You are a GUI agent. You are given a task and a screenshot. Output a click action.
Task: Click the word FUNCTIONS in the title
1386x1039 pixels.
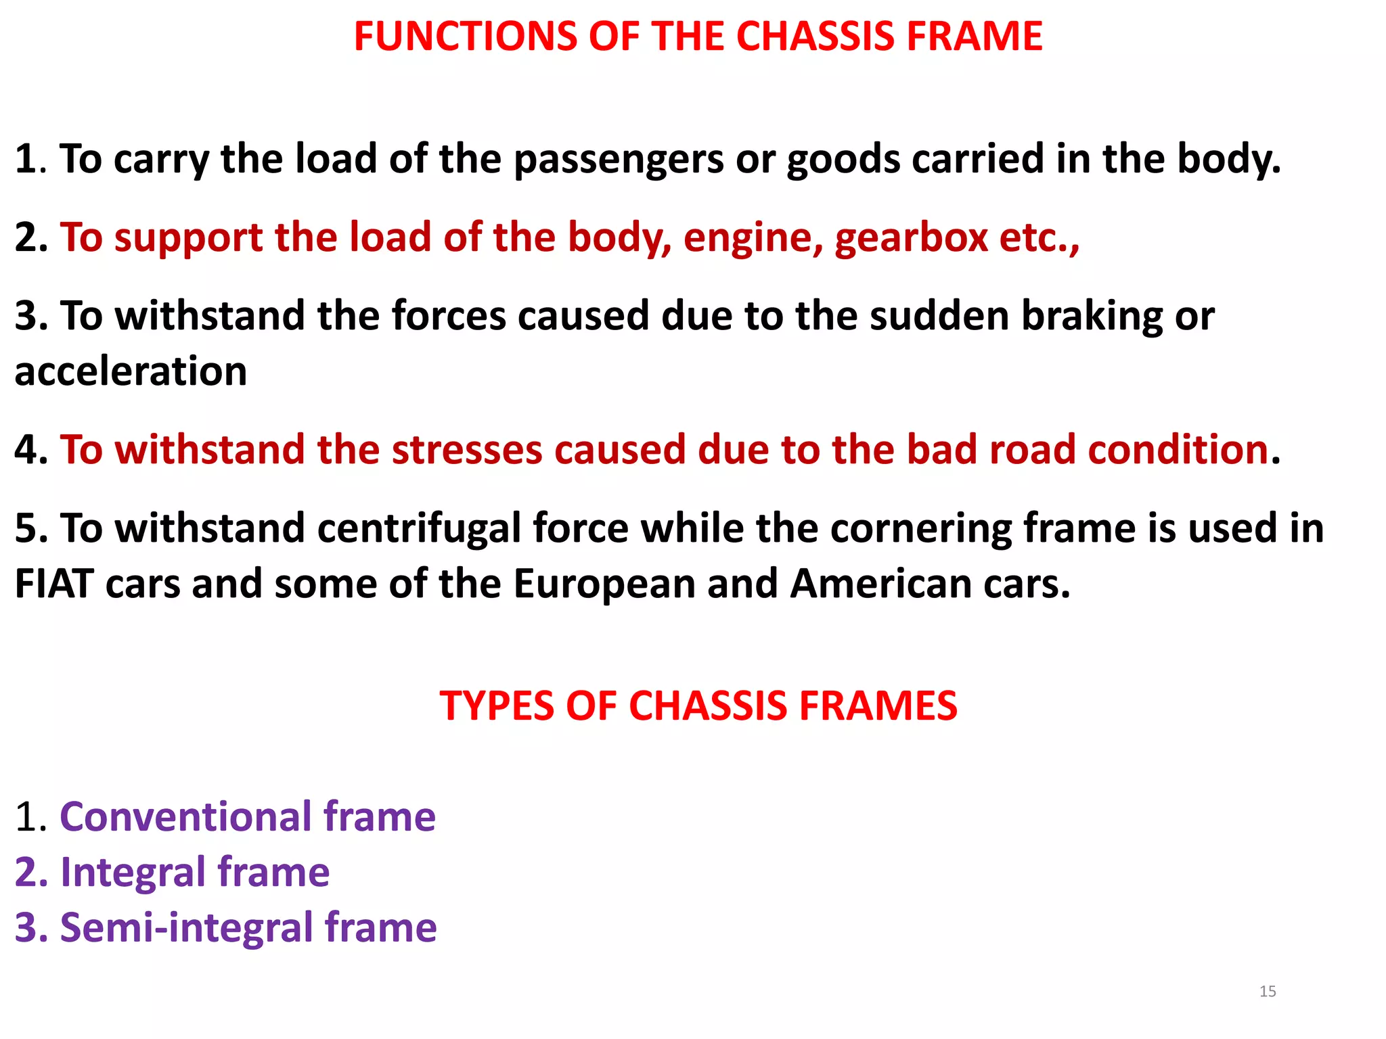[x=462, y=37]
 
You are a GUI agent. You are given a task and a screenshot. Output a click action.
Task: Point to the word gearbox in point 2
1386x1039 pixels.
[x=911, y=239]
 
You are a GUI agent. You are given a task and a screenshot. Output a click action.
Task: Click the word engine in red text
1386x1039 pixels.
[x=753, y=239]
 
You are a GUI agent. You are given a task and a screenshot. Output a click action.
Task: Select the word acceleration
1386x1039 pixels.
[x=131, y=371]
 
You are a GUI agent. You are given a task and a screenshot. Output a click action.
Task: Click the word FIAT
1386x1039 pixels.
[x=54, y=584]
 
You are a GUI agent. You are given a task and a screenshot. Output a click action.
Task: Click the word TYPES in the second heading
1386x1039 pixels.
[x=497, y=706]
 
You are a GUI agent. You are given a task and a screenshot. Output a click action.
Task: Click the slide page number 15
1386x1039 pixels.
[x=1268, y=992]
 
